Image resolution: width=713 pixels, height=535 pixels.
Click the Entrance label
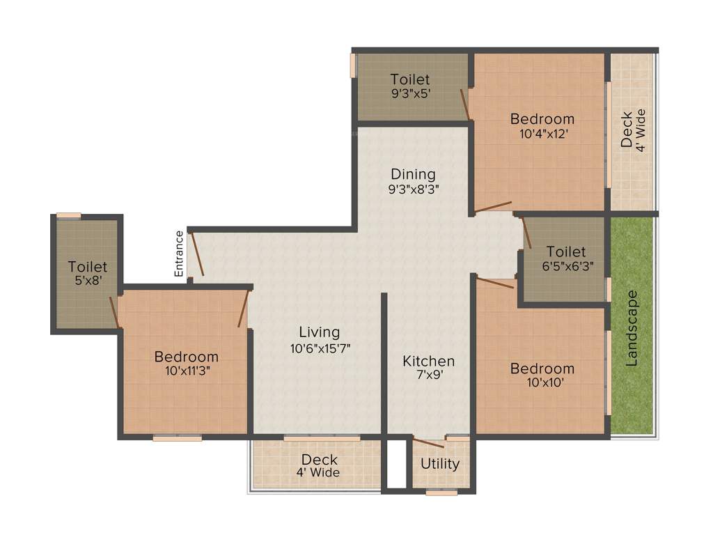179,254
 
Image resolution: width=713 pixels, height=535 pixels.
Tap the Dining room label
413,174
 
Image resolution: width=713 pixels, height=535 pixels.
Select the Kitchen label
429,361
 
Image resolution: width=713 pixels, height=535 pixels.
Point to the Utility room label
440,464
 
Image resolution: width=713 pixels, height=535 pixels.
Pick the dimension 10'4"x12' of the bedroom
542,134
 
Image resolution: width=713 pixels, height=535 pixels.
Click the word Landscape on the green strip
632,328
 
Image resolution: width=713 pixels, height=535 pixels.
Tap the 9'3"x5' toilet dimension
409,95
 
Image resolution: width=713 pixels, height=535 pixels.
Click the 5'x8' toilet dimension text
88,281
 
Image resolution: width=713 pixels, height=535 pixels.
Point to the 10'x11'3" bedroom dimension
186,371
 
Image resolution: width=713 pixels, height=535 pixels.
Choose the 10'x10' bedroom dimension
542,383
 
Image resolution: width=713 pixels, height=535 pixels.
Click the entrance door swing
197,255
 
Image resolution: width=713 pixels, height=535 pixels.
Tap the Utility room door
428,442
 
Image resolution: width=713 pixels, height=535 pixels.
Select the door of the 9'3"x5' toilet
464,104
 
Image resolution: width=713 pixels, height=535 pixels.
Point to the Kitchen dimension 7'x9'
429,375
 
